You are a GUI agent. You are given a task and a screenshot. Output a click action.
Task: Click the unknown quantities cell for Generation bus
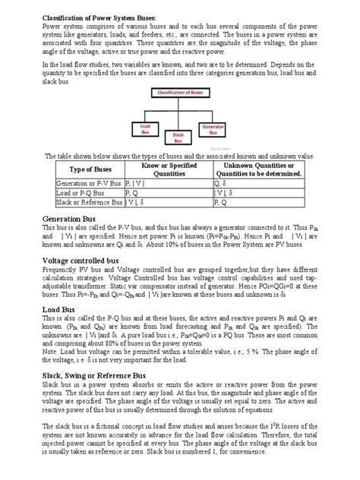(x=220, y=183)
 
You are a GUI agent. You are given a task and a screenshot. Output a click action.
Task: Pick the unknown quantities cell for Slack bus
(x=219, y=203)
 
